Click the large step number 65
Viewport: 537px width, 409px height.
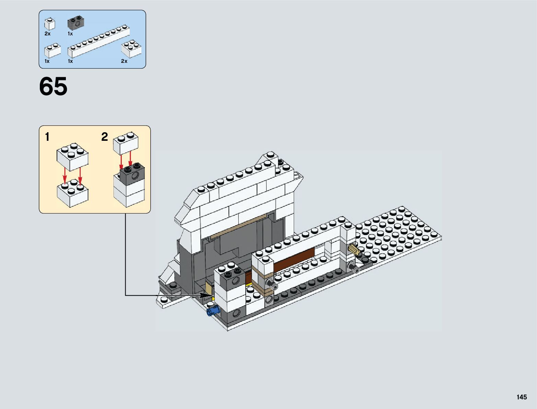pos(53,86)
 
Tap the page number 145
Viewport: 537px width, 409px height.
pos(521,397)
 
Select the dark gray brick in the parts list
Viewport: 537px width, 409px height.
pos(76,24)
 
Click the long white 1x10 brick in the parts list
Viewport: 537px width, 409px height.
pos(99,41)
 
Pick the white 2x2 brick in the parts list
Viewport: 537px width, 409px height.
pos(131,49)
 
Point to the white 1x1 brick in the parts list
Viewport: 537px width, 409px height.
pos(49,24)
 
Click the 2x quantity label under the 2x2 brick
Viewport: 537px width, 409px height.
pos(124,61)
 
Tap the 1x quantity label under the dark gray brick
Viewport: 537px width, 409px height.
pos(70,34)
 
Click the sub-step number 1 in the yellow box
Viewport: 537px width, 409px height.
pos(47,137)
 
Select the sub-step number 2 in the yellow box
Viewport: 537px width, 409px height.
pos(104,137)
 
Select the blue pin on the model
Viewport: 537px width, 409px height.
pos(212,311)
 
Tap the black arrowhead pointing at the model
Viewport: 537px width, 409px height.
pos(207,295)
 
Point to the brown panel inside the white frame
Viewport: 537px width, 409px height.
pos(294,259)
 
